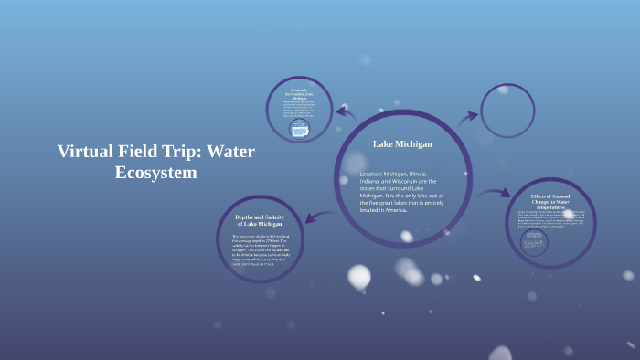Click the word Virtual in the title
point(85,152)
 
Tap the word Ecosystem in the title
point(156,172)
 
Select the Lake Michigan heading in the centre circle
point(402,143)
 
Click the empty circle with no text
point(507,111)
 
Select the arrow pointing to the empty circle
point(468,117)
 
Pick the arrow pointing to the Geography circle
point(345,113)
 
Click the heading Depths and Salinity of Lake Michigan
point(260,220)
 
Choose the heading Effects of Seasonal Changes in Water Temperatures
point(550,200)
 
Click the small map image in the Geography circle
point(299,130)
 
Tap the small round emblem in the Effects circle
point(533,241)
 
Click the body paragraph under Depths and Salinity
point(260,249)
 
